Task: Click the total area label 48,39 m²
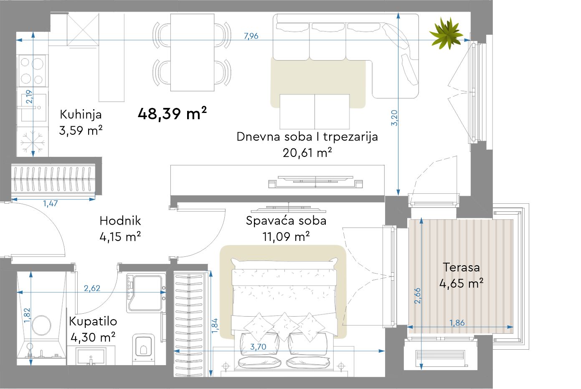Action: point(172,114)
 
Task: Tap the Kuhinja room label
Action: point(81,115)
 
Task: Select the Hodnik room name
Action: point(120,221)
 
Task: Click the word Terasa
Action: point(461,267)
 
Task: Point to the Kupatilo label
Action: point(93,322)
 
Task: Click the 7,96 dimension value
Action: point(251,36)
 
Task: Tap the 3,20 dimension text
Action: point(394,118)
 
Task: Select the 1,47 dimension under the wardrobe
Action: point(50,203)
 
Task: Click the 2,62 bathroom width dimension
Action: point(92,288)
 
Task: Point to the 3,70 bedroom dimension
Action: point(258,347)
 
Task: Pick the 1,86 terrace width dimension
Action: point(457,323)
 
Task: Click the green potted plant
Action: point(447,33)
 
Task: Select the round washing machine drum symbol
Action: point(41,325)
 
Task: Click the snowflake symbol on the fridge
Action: point(33,142)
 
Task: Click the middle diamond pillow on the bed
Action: point(284,327)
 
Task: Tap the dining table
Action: point(192,52)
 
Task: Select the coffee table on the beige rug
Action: point(315,112)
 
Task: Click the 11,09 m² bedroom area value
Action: point(286,237)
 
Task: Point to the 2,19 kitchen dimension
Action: point(29,97)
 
